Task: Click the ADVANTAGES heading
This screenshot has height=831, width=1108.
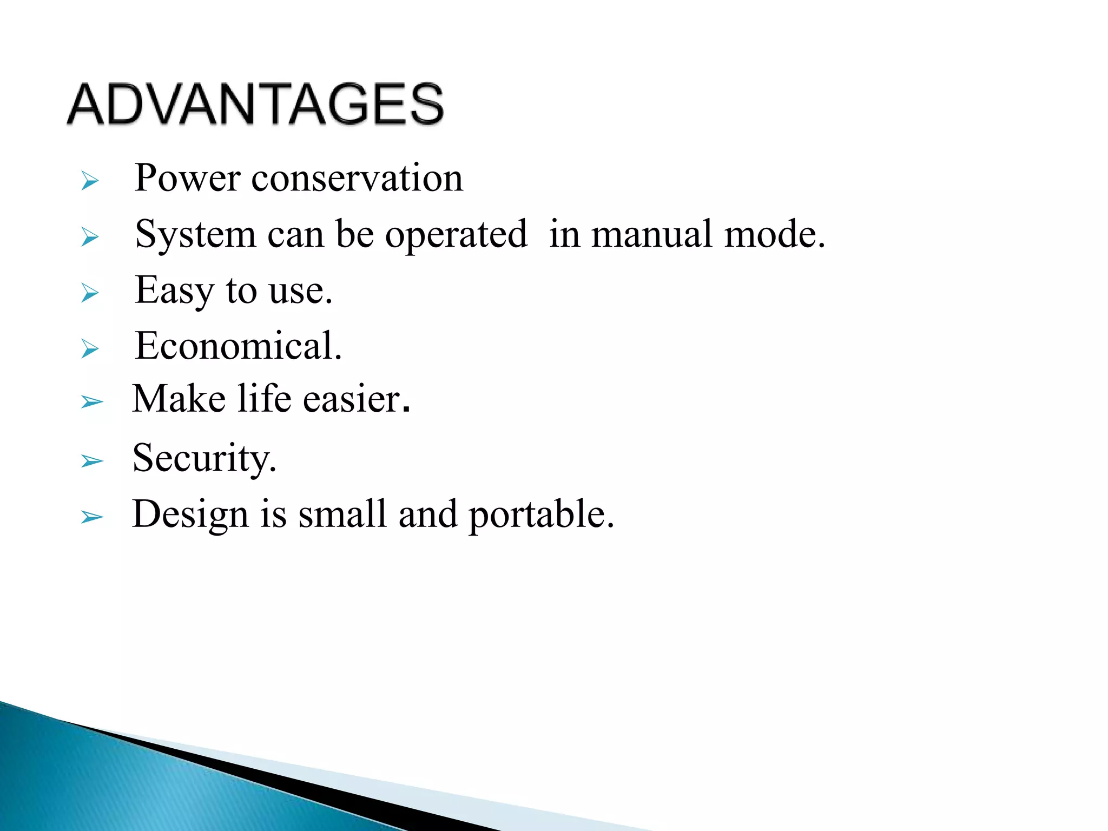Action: [x=255, y=104]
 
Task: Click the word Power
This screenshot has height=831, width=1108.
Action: [x=187, y=179]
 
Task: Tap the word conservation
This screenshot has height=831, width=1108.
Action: [x=357, y=179]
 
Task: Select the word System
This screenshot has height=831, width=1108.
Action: [x=195, y=235]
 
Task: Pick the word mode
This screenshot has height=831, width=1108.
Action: [x=774, y=235]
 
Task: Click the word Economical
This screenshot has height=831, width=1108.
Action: [x=238, y=346]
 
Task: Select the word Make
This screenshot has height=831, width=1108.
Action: [x=179, y=399]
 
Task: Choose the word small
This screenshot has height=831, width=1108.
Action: [x=342, y=514]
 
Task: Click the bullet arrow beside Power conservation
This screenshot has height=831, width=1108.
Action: [x=90, y=181]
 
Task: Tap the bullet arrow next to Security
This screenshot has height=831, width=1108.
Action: [x=91, y=461]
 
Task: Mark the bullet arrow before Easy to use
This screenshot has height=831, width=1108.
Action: [x=90, y=293]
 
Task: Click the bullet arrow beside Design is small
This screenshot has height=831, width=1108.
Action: [x=91, y=517]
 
